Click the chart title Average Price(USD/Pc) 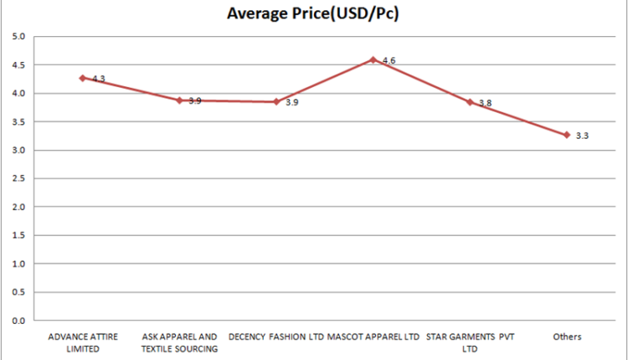[x=313, y=13]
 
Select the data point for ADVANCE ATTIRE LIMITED [x=83, y=78]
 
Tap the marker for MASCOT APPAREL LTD [x=373, y=59]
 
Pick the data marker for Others [x=567, y=135]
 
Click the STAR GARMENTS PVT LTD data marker [x=470, y=102]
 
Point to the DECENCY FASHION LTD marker [x=276, y=101]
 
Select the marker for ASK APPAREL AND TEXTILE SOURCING [x=179, y=100]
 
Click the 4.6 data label [x=389, y=60]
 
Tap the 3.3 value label [x=582, y=136]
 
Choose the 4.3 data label [x=99, y=79]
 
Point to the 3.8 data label [x=486, y=103]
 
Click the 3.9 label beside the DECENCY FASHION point [x=292, y=102]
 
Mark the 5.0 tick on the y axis [x=18, y=37]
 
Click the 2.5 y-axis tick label [x=18, y=178]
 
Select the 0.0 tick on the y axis [x=18, y=321]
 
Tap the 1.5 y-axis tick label [x=18, y=235]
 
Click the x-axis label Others [x=567, y=337]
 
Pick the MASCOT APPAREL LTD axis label [x=373, y=337]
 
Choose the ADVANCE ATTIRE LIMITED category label [x=83, y=342]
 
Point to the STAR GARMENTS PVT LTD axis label [x=471, y=342]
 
